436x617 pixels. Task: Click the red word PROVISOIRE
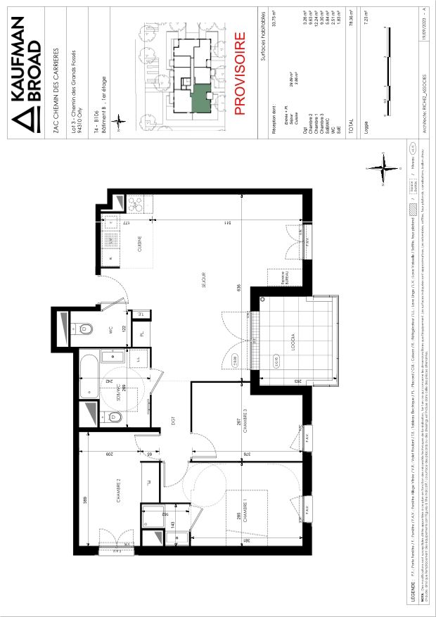coord(239,73)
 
